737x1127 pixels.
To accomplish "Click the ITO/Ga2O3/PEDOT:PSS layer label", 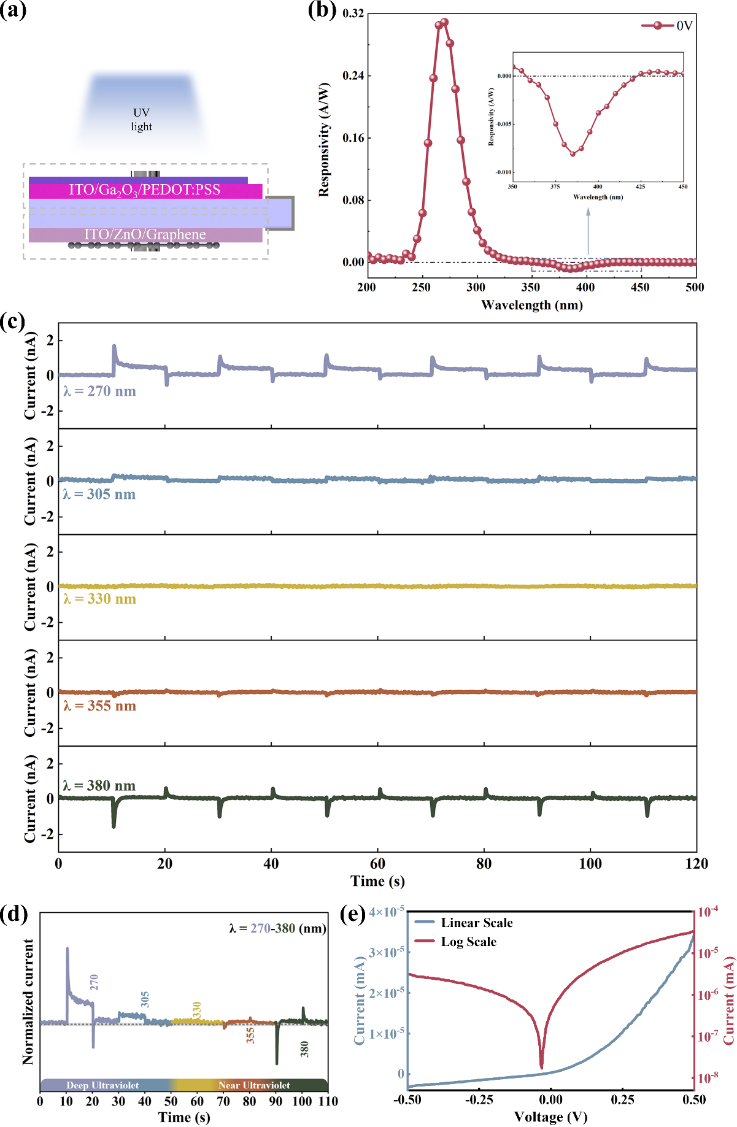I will [x=145, y=190].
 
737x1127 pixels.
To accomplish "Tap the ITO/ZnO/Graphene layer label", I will [x=145, y=234].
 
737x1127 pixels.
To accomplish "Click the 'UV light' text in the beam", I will [x=141, y=120].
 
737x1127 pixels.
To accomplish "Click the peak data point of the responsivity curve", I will [x=444, y=22].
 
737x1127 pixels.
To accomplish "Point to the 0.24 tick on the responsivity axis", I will [x=353, y=75].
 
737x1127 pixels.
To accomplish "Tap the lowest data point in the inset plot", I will [x=573, y=153].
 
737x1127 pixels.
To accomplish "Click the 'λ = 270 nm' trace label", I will [x=99, y=391].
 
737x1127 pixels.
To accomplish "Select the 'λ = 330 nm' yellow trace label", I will [x=99, y=599].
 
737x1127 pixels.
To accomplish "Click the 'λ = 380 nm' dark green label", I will [x=99, y=786].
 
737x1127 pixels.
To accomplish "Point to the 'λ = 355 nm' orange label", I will [x=99, y=706].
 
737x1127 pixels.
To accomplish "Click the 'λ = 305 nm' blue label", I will [x=99, y=494].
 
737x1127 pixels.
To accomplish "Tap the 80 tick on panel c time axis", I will [x=484, y=864].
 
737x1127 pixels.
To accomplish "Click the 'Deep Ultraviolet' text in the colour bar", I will [x=102, y=1085].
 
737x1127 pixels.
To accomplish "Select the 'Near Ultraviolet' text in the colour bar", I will [x=254, y=1085].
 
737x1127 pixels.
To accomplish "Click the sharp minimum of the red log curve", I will [x=541, y=1067].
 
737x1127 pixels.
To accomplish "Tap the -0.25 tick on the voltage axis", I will [x=479, y=1099].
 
